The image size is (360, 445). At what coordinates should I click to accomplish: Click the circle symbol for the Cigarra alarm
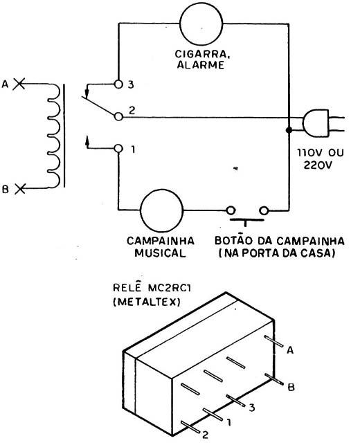tap(201, 24)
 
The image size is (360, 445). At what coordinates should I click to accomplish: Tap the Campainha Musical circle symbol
tap(161, 210)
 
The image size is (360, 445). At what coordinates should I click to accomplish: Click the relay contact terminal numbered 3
tap(118, 84)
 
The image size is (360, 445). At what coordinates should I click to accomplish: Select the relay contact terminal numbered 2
tap(118, 116)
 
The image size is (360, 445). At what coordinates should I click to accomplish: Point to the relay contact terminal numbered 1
tap(118, 148)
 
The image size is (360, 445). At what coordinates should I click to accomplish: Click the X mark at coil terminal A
tap(19, 84)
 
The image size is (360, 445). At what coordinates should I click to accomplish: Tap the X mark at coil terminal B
tap(20, 188)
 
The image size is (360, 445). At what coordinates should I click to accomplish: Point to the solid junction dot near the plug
tap(289, 130)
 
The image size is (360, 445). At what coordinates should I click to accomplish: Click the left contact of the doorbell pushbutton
tap(231, 210)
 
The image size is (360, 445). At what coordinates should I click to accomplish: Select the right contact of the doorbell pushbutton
tap(264, 210)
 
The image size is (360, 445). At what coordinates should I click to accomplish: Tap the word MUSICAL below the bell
tap(160, 253)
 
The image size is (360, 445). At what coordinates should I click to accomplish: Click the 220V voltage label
tap(318, 165)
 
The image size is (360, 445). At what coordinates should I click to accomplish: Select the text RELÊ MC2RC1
tap(152, 288)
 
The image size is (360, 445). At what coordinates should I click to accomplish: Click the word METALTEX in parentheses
tap(147, 302)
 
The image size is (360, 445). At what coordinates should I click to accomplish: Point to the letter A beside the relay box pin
tap(290, 350)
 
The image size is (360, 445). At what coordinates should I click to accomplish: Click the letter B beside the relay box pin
tap(291, 387)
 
